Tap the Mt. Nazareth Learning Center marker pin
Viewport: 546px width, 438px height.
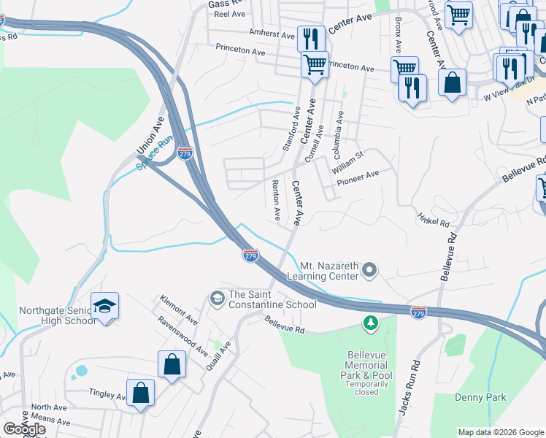click(x=369, y=271)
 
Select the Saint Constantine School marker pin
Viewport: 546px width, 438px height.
click(x=217, y=298)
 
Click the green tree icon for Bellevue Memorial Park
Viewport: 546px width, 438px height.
click(x=371, y=321)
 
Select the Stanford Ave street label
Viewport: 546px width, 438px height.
click(x=291, y=128)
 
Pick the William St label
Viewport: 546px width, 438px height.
click(x=347, y=163)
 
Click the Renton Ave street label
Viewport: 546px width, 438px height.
click(x=277, y=200)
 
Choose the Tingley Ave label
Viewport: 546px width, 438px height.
click(x=107, y=394)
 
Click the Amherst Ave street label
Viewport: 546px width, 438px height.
click(x=271, y=34)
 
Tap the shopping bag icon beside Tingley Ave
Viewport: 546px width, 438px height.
click(x=139, y=393)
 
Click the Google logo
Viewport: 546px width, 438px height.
click(x=24, y=429)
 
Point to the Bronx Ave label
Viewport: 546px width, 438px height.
click(x=398, y=35)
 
